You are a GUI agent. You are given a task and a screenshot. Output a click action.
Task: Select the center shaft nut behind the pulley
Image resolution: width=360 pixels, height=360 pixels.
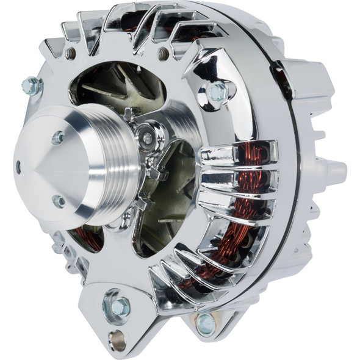(x=146, y=138)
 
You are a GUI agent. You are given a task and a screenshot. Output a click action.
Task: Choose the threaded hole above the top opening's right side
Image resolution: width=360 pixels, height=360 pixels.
(x=164, y=54)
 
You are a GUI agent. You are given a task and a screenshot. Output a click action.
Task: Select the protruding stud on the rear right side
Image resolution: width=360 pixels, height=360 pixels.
(x=333, y=168)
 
